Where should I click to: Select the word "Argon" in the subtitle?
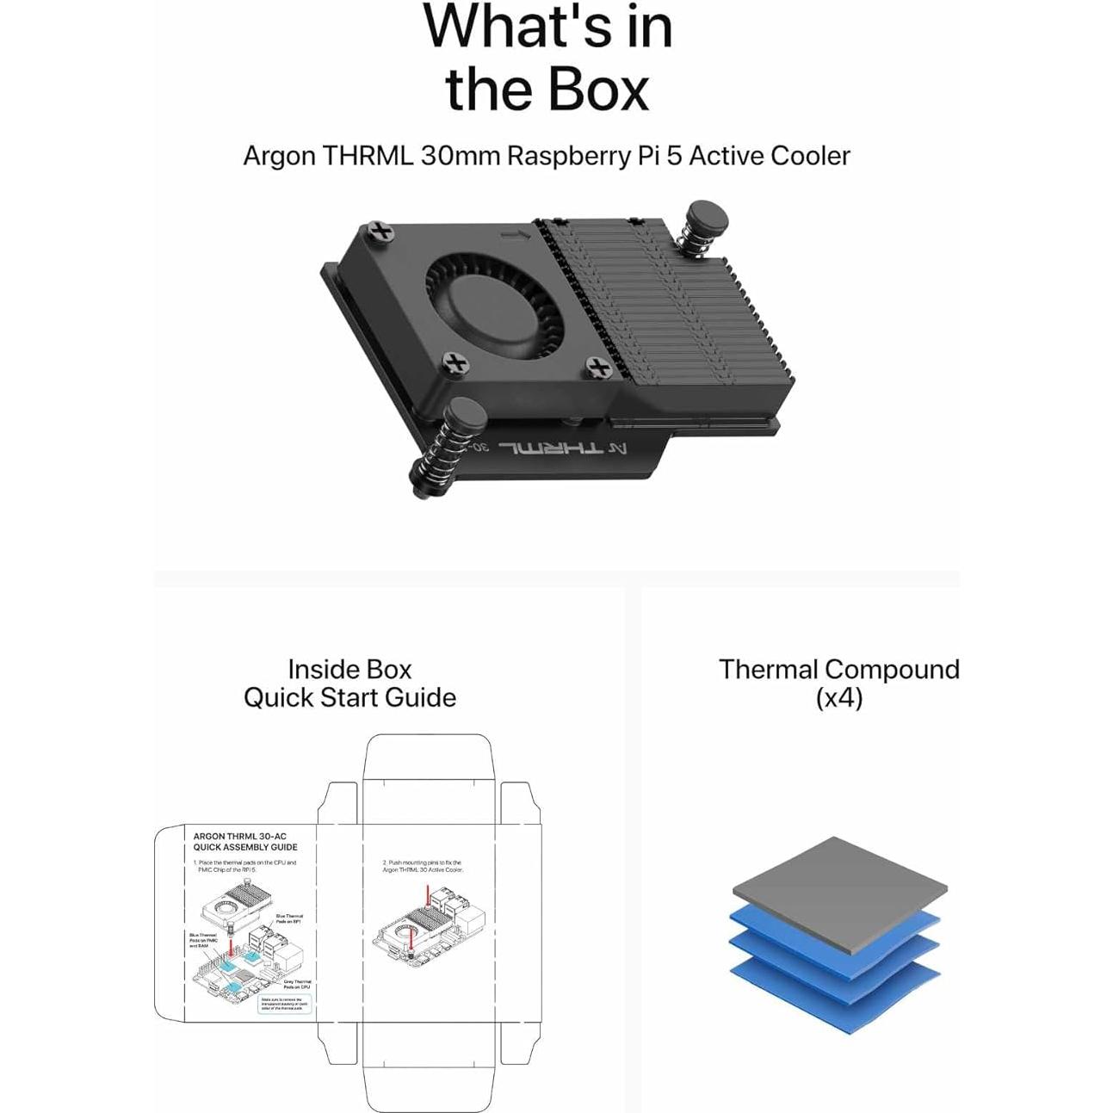279,156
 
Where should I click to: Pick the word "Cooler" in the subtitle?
809,156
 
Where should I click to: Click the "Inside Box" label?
349,669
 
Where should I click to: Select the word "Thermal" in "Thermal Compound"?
768,669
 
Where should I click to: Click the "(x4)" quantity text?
838,697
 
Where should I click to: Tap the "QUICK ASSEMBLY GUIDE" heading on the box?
245,847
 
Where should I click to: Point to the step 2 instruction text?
422,866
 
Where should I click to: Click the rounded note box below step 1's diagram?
284,1004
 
